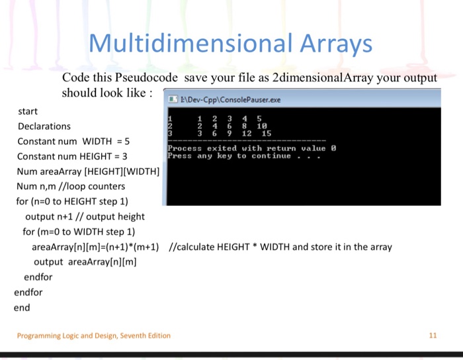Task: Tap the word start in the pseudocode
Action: coord(28,111)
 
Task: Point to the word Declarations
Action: coord(44,126)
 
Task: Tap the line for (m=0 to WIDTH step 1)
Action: coord(79,232)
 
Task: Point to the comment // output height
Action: coord(107,216)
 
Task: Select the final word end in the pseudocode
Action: coord(22,307)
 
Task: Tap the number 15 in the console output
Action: coord(266,133)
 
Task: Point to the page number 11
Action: coord(433,336)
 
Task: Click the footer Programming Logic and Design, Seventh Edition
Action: coord(94,336)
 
